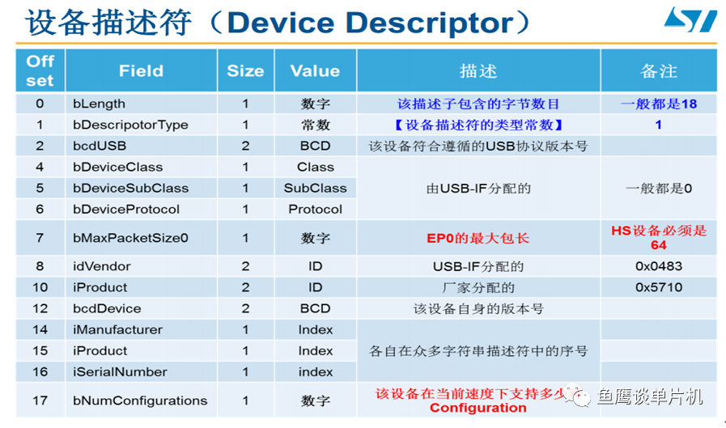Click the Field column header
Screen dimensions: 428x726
[141, 70]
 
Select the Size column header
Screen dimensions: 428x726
[245, 70]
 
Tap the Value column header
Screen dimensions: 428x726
[315, 70]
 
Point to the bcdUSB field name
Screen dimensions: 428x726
[100, 146]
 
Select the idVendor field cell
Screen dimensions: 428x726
[101, 266]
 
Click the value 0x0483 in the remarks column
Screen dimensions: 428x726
[658, 266]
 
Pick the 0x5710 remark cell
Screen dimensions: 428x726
[658, 287]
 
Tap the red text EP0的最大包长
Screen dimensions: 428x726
[478, 239]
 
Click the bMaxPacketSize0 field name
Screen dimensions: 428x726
[130, 239]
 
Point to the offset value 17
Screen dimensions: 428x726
[40, 400]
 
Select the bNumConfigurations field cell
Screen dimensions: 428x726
[140, 400]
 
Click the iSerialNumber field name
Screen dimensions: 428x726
[120, 372]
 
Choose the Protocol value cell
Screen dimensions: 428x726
[315, 209]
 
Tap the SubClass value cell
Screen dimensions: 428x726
[315, 188]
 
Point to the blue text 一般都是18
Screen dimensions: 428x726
[658, 104]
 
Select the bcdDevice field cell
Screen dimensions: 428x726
[107, 308]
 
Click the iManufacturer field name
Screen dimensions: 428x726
[117, 329]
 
